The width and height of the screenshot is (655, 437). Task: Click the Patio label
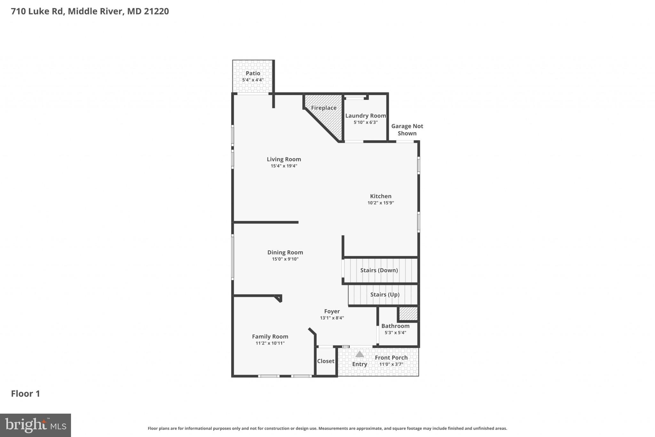click(x=253, y=73)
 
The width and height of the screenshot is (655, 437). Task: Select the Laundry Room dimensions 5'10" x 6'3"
click(x=366, y=122)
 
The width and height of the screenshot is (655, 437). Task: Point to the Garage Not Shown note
click(x=407, y=130)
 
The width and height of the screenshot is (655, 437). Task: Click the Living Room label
click(x=284, y=159)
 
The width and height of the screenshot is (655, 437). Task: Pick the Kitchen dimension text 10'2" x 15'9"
click(x=381, y=203)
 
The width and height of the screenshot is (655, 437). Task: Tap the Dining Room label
click(x=285, y=252)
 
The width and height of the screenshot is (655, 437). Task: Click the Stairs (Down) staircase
click(x=379, y=270)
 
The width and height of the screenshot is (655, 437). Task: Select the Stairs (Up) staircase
click(x=384, y=295)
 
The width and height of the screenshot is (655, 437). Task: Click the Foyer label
click(x=332, y=311)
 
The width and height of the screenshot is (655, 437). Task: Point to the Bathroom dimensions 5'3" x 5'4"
click(x=395, y=333)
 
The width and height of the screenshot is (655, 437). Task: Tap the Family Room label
click(x=270, y=336)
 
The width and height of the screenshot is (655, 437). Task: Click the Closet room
click(x=326, y=361)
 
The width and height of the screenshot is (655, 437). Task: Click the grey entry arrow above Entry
click(x=359, y=354)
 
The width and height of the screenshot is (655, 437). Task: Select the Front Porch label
click(x=391, y=358)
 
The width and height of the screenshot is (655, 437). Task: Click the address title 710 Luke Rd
click(x=90, y=11)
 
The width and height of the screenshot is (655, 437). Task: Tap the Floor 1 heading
click(x=26, y=393)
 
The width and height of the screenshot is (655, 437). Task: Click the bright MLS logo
click(x=35, y=425)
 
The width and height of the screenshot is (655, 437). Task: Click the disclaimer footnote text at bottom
click(x=327, y=428)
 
